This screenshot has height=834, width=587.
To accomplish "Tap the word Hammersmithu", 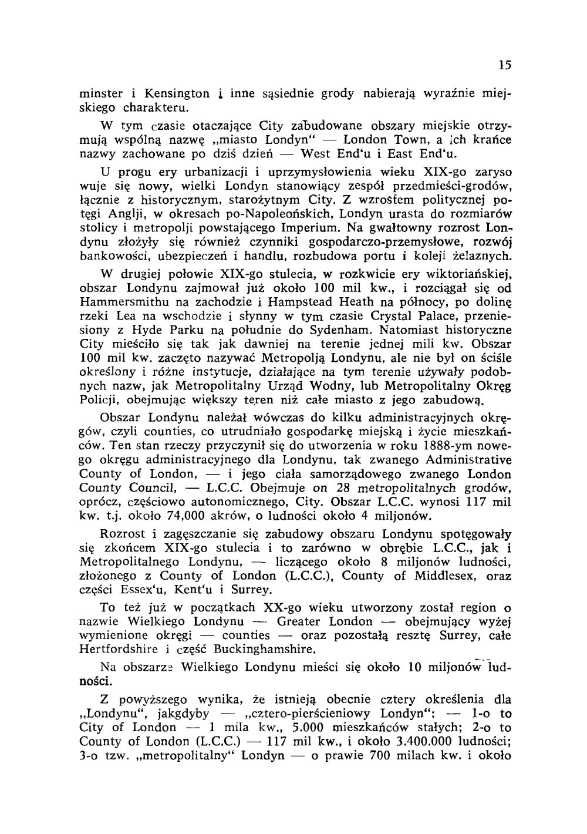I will pyautogui.click(x=130, y=302).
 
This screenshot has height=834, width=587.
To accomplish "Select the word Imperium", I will pyautogui.click(x=309, y=227).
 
